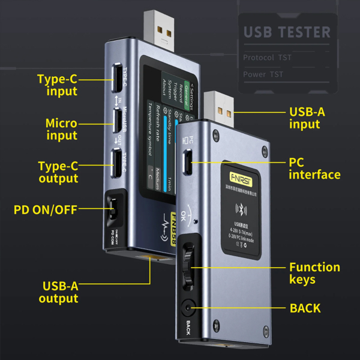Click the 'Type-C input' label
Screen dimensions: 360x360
57,85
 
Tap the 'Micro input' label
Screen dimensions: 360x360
61,129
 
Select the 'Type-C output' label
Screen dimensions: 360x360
58,172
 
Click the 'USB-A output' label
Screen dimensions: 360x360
59,292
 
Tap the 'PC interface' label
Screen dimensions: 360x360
314,169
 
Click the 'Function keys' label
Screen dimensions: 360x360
314,273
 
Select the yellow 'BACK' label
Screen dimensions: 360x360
305,308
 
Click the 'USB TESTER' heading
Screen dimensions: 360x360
287,32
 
